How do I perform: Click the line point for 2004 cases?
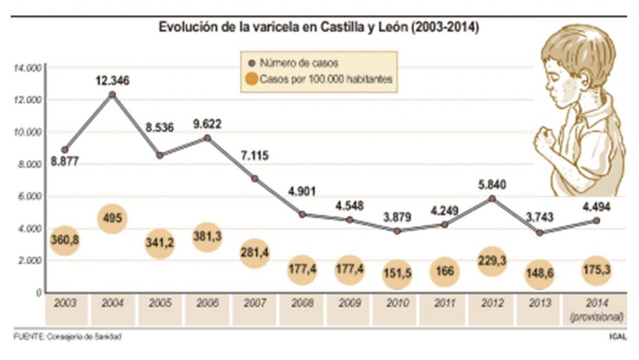[x=112, y=94]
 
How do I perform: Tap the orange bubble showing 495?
[x=112, y=219]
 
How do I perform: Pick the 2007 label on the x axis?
[x=254, y=304]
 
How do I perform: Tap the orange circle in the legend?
[x=252, y=79]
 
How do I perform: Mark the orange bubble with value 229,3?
[x=491, y=263]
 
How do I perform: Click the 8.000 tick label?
[x=29, y=164]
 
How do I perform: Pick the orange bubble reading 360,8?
[x=65, y=241]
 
